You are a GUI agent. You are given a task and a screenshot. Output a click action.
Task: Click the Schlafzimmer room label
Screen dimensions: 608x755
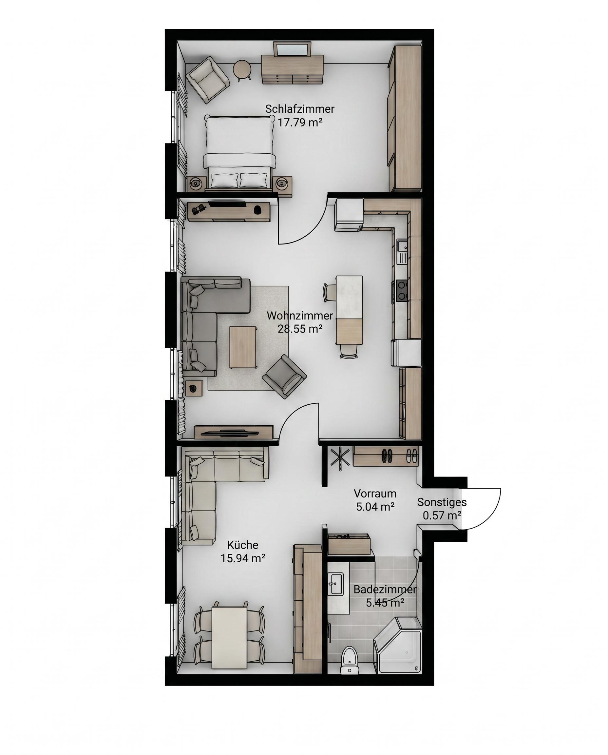(x=299, y=109)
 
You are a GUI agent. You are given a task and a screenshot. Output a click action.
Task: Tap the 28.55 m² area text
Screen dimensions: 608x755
(x=300, y=329)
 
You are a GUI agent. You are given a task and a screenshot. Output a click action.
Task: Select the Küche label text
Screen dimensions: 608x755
(x=243, y=545)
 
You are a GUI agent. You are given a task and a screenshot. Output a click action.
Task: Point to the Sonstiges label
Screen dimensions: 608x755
(x=442, y=502)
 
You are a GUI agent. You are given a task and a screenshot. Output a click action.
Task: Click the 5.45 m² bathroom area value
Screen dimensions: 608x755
(x=385, y=603)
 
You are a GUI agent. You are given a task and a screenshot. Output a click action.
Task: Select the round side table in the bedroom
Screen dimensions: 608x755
(x=242, y=70)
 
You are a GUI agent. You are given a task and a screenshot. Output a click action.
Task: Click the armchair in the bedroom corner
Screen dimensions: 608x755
(x=207, y=80)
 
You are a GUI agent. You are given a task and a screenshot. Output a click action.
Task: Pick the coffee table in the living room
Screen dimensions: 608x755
(x=243, y=347)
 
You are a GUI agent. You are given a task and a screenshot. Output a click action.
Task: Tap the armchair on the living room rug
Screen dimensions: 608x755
(x=284, y=376)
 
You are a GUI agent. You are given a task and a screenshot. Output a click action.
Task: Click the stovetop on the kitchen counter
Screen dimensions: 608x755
(x=402, y=290)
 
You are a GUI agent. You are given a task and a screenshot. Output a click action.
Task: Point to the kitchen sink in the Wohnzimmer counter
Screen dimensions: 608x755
(x=402, y=246)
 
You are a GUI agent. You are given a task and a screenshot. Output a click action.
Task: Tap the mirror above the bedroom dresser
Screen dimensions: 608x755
(x=292, y=49)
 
